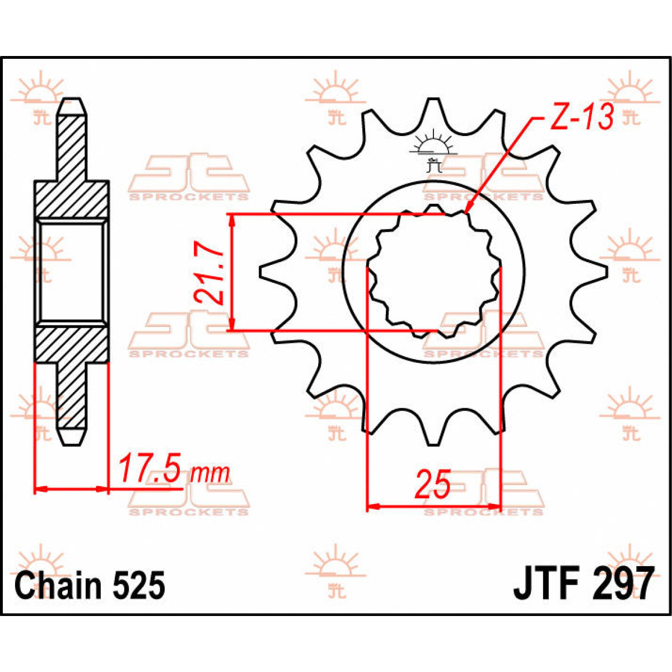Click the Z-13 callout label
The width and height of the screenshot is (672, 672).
(x=581, y=118)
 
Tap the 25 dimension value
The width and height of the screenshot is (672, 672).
(x=432, y=485)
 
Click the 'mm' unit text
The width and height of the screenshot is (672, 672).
(x=209, y=474)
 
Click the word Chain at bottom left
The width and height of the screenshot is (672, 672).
(x=59, y=586)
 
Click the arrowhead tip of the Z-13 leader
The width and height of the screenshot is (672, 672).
(x=466, y=213)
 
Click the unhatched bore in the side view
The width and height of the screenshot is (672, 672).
(x=72, y=272)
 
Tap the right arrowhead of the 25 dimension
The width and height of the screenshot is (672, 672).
(x=495, y=507)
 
